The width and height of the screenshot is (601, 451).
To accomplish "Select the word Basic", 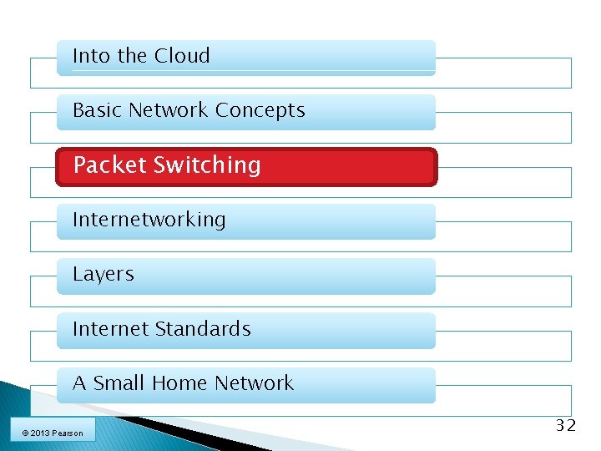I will pos(98,110).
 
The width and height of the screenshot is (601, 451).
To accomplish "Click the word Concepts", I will pos(260,110).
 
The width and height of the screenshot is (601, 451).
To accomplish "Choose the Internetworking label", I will pos(149,220).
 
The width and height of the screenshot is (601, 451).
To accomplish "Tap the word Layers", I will pos(104,274).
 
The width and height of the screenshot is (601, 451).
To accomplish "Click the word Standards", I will pos(212,329).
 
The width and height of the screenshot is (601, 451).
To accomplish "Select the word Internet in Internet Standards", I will pos(118,329).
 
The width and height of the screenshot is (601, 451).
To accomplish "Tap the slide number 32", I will pos(566,426).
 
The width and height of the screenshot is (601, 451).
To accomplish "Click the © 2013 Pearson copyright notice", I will pos(53,433).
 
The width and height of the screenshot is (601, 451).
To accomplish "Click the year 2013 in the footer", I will pos(38,433).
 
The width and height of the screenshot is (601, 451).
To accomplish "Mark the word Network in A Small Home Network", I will pos(254,383).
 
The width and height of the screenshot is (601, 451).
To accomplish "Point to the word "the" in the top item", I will pos(132,57).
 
